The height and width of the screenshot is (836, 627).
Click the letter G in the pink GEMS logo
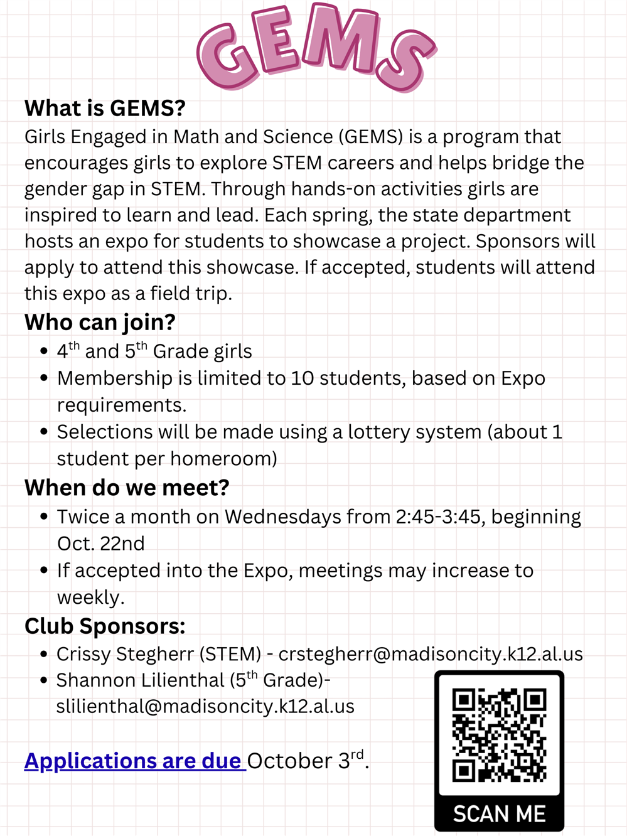(x=227, y=58)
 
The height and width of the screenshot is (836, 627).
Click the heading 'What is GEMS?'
(x=105, y=109)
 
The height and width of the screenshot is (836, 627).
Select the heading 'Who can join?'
(x=100, y=323)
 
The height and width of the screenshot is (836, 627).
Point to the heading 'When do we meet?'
(x=127, y=488)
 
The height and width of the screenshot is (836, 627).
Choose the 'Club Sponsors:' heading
(x=105, y=626)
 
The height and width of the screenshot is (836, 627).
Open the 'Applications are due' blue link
(x=134, y=761)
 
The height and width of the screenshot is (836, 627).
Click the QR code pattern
(x=499, y=735)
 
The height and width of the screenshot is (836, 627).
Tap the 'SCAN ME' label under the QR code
(x=499, y=814)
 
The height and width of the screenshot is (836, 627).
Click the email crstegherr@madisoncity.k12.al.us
(x=431, y=654)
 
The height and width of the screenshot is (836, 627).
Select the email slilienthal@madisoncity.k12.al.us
(x=205, y=707)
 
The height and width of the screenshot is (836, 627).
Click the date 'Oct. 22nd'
(x=101, y=544)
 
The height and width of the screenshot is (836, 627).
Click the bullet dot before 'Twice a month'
(x=44, y=517)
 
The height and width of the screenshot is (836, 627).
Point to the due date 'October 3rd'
(x=307, y=761)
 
